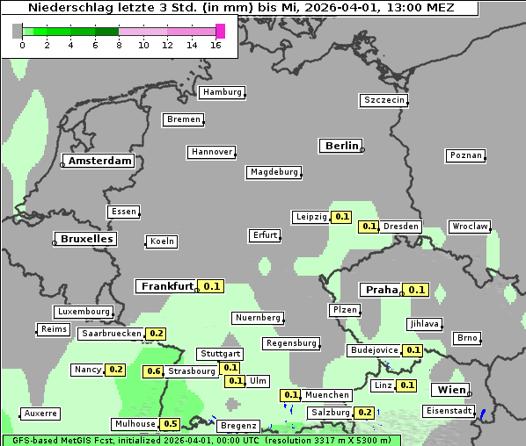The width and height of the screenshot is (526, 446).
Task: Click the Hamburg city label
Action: [x=222, y=92]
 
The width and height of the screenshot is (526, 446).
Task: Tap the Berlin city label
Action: [x=341, y=146]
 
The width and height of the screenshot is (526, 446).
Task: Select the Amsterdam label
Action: [x=100, y=161]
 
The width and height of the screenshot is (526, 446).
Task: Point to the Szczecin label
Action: [x=384, y=100]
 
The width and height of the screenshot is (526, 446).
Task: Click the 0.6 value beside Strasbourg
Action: [x=154, y=371]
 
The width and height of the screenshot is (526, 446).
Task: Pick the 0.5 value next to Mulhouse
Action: [x=171, y=424]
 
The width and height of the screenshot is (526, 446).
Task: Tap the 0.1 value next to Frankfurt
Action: [x=212, y=286]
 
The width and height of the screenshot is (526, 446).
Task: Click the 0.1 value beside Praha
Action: [x=416, y=290]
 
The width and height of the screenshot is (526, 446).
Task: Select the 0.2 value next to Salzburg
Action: [x=364, y=413]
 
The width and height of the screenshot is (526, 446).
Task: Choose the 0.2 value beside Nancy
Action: [x=115, y=370]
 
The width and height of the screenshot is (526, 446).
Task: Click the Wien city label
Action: [x=449, y=390]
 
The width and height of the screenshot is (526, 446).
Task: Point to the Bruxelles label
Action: [x=85, y=239]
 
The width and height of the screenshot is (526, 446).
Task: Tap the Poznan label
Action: [x=465, y=155]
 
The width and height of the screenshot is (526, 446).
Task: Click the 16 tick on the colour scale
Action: [x=216, y=45]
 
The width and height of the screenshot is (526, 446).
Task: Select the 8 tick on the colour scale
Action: [x=119, y=45]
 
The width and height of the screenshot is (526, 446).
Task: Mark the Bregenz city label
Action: [x=238, y=425]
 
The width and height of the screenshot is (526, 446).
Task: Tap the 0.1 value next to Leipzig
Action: [x=342, y=217]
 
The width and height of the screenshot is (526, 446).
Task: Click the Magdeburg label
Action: [x=274, y=172]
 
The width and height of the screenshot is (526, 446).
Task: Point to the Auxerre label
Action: [x=40, y=413]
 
